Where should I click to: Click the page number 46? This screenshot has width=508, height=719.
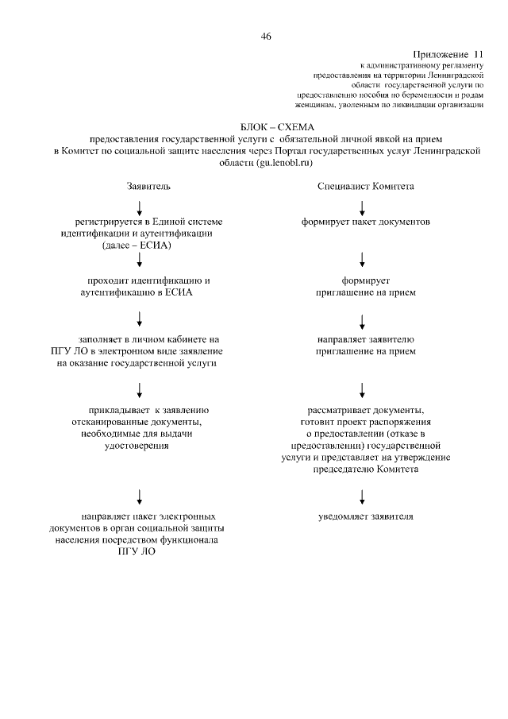pyautogui.click(x=266, y=36)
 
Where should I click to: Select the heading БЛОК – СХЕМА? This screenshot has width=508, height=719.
pyautogui.click(x=277, y=127)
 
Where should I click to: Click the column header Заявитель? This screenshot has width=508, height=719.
pyautogui.click(x=148, y=187)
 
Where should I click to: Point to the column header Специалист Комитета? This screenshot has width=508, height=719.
pyautogui.click(x=365, y=187)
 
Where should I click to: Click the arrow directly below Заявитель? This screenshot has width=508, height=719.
pyautogui.click(x=140, y=208)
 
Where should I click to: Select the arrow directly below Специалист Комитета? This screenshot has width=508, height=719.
pyautogui.click(x=363, y=208)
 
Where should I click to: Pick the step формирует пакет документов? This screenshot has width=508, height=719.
pyautogui.click(x=365, y=222)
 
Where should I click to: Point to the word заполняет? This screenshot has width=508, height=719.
pyautogui.click(x=100, y=339)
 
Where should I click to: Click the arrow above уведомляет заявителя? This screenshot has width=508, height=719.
pyautogui.click(x=363, y=496)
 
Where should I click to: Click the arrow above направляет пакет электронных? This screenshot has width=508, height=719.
pyautogui.click(x=140, y=496)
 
